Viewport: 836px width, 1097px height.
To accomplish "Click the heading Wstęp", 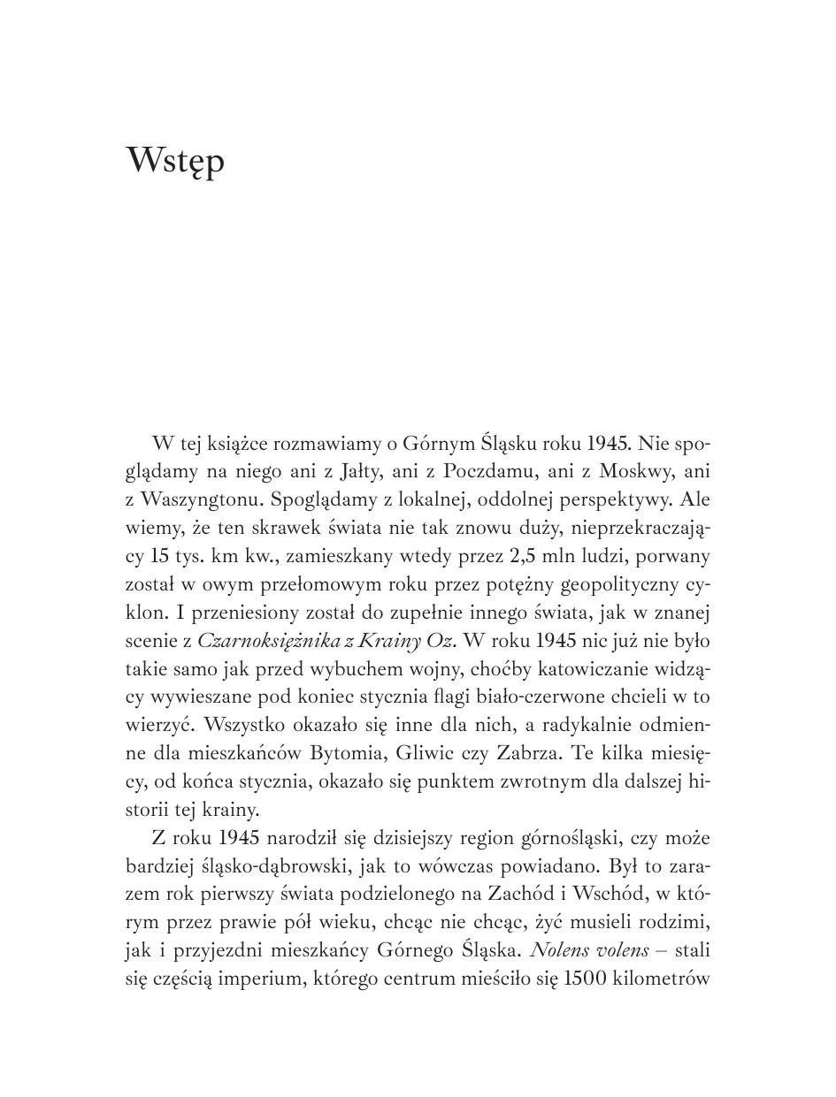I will [x=175, y=162].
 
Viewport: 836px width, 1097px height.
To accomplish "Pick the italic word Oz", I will [x=439, y=640].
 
